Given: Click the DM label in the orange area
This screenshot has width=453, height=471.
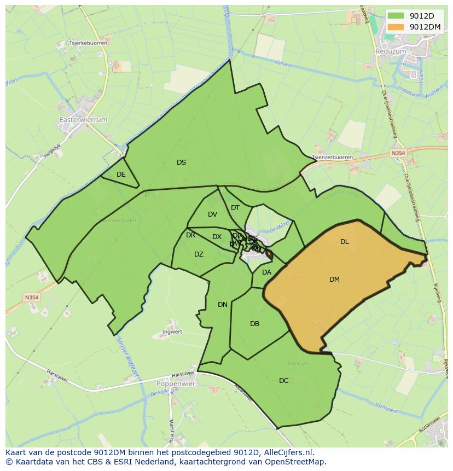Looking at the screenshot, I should pos(334,280).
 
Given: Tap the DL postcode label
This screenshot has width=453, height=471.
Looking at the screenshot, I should pos(344,242).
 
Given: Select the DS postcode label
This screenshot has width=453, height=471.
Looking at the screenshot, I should pos(181,162).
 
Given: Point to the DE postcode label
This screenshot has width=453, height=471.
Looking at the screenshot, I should pos(121,175).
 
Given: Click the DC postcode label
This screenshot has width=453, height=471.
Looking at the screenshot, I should pos(283,381).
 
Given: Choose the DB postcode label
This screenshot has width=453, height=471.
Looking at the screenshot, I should pos(254,324).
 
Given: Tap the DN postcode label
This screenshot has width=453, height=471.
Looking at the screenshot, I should pos(222,305).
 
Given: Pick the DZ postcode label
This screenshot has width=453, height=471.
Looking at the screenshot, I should pos(199,254).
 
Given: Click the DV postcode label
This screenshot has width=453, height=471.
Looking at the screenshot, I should pos(212,214).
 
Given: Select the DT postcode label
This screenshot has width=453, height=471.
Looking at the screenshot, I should pos(235,208).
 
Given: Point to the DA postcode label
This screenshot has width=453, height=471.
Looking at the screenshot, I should pos(266,272).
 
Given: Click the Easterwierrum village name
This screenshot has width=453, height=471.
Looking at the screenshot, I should pos(83,119).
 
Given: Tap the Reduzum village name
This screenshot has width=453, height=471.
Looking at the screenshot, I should pos(391,51).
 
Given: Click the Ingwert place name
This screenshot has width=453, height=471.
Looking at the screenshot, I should pos(172,332).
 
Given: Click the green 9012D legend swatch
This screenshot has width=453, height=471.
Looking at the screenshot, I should pos(396,16).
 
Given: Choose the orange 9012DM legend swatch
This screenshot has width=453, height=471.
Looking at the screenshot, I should pos(396,27).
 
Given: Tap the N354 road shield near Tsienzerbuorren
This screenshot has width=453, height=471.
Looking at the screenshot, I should pos(398,154).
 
